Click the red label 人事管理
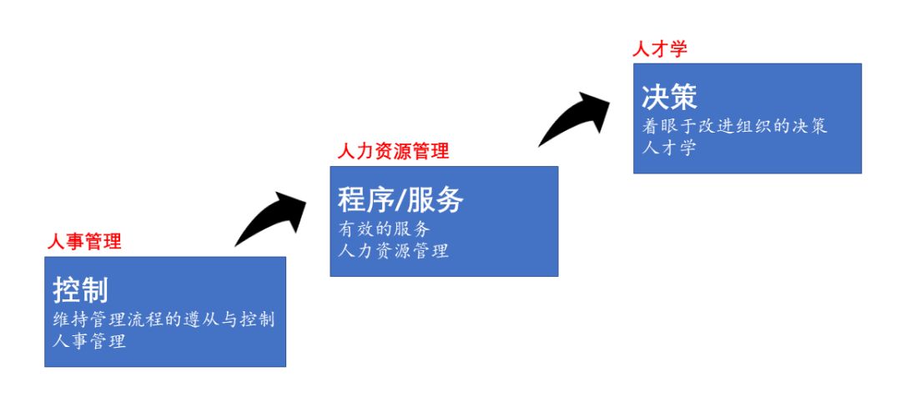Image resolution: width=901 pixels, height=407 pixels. pyautogui.click(x=84, y=242)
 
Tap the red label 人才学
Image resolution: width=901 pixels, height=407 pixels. pyautogui.click(x=660, y=49)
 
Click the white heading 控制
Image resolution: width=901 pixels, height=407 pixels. pyautogui.click(x=80, y=289)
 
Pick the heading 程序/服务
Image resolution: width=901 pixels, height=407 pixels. pyautogui.click(x=400, y=199)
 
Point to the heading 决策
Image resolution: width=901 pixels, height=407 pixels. pyautogui.click(x=669, y=97)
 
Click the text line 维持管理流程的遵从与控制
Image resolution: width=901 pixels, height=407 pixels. pyautogui.click(x=164, y=319)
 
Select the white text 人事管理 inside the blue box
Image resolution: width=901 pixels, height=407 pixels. pyautogui.click(x=89, y=340)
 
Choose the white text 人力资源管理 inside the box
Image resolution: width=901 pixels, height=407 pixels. pyautogui.click(x=394, y=249)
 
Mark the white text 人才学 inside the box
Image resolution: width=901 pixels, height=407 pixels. pyautogui.click(x=668, y=148)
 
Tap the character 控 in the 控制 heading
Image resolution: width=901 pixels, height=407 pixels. pyautogui.click(x=67, y=289)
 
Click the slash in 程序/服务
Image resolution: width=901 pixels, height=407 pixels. pyautogui.click(x=400, y=200)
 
